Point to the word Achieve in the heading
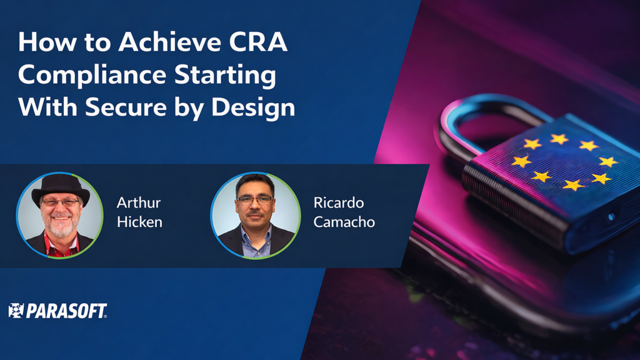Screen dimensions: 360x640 point(161,43)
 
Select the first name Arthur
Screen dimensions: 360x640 point(139,203)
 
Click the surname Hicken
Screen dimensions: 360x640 point(139,222)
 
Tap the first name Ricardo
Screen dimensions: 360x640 point(338,203)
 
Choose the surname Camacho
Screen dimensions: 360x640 point(344,222)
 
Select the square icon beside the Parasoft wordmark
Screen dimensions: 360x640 point(16,311)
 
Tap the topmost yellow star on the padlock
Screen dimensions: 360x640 point(558,139)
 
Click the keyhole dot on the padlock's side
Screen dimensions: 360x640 point(611,216)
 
